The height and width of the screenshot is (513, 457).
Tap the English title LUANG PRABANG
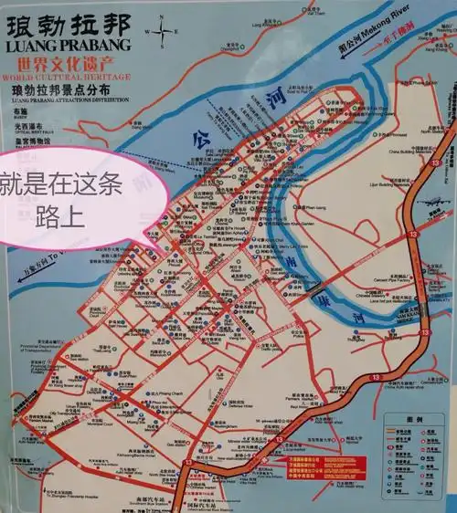(68, 45)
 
